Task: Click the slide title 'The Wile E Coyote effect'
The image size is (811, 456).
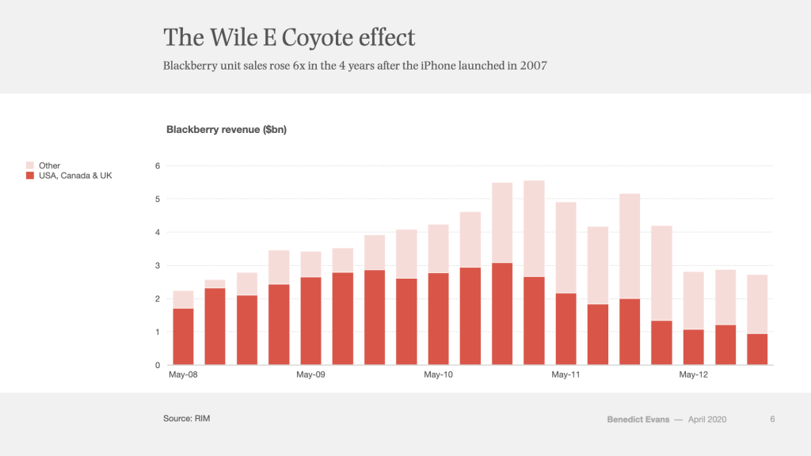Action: pyautogui.click(x=289, y=37)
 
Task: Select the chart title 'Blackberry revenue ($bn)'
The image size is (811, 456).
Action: pyautogui.click(x=226, y=130)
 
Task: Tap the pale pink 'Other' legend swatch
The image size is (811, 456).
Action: pyautogui.click(x=30, y=165)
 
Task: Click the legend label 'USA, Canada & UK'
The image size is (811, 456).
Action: pyautogui.click(x=75, y=175)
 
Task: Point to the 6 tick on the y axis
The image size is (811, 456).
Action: pyautogui.click(x=158, y=165)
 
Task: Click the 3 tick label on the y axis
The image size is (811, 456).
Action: pyautogui.click(x=158, y=265)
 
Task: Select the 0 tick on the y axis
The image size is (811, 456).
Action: pyautogui.click(x=158, y=365)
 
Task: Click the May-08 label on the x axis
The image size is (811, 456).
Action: pyautogui.click(x=183, y=374)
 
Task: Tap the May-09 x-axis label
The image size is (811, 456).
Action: pyautogui.click(x=310, y=374)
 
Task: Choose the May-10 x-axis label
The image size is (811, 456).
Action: pyautogui.click(x=438, y=374)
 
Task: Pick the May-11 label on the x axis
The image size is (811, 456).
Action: pyautogui.click(x=565, y=374)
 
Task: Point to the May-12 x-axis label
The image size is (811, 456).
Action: pyautogui.click(x=693, y=374)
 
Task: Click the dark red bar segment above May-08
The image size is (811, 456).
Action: pyautogui.click(x=183, y=336)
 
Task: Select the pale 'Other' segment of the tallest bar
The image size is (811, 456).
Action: pyautogui.click(x=534, y=229)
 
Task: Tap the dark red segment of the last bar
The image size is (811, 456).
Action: pyautogui.click(x=757, y=349)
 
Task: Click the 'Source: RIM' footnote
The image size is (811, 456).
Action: pyautogui.click(x=186, y=418)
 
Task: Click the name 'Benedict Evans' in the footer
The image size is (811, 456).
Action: pyautogui.click(x=638, y=420)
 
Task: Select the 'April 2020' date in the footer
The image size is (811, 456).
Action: pyautogui.click(x=707, y=420)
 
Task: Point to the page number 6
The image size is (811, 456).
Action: pyautogui.click(x=772, y=420)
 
